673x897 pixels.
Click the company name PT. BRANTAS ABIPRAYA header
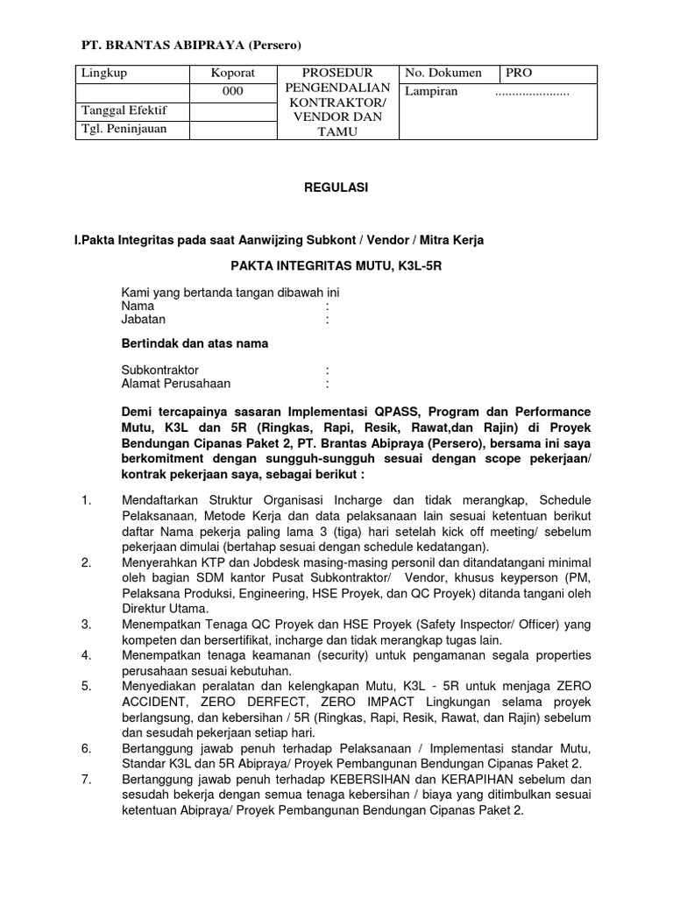point(190,45)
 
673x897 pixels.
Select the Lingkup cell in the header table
point(103,73)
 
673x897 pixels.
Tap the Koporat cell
point(232,73)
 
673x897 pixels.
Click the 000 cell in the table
point(232,92)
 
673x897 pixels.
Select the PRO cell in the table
point(519,73)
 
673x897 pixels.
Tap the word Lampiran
point(430,92)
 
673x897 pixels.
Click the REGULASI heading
point(337,187)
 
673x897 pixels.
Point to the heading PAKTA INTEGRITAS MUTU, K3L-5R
point(336,265)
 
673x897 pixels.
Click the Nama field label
point(138,307)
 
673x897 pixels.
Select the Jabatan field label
point(143,320)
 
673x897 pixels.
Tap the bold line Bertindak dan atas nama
point(195,343)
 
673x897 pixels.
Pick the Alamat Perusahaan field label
point(176,383)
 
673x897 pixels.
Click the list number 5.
point(86,686)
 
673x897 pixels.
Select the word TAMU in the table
point(337,131)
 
